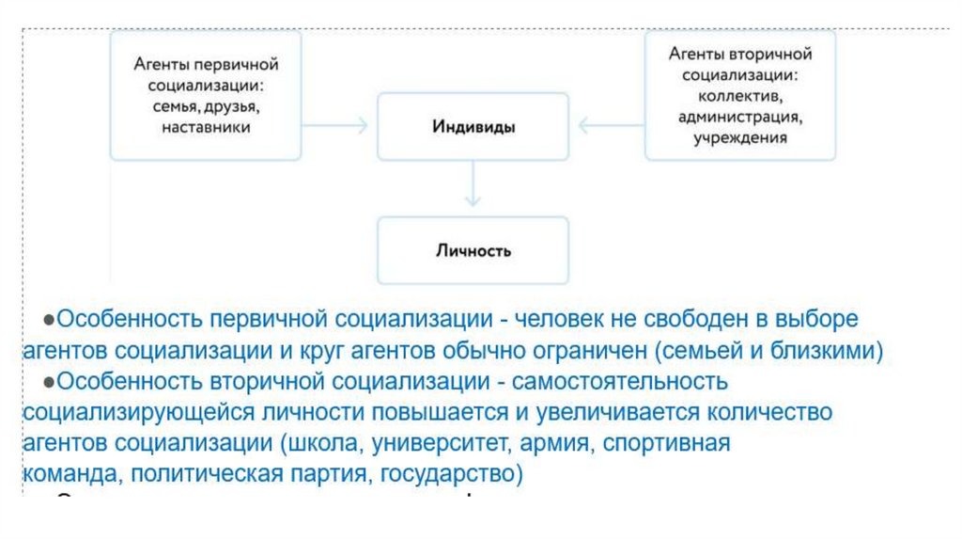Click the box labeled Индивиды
tap(473, 126)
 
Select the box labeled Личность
tap(473, 250)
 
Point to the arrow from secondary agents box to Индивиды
tap(611, 125)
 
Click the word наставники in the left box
tap(205, 127)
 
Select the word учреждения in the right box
tap(740, 137)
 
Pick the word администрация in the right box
tap(740, 117)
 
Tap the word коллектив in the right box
tap(740, 95)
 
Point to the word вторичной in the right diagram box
tap(773, 55)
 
